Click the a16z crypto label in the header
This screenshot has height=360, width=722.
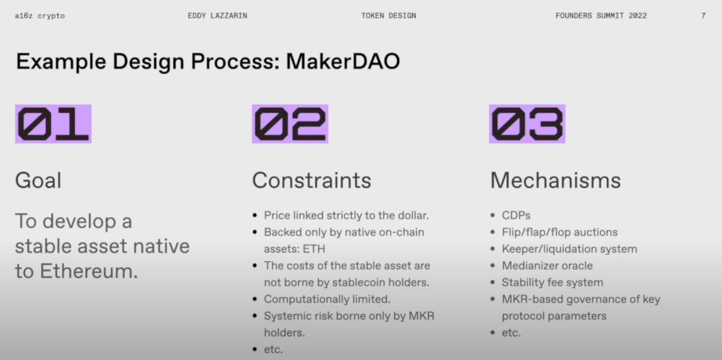(x=40, y=16)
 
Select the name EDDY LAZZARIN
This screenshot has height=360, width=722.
(x=218, y=16)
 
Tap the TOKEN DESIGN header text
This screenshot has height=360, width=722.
(x=389, y=16)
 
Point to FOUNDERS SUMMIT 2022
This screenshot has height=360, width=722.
(x=601, y=16)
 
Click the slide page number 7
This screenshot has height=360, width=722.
(x=703, y=16)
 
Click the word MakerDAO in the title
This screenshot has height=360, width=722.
(x=343, y=61)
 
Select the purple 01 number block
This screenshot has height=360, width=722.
(x=54, y=124)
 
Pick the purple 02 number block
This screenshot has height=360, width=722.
(x=290, y=124)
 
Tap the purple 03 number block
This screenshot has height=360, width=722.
(x=527, y=124)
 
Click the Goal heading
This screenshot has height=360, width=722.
(x=38, y=180)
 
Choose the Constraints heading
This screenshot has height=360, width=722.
(x=312, y=180)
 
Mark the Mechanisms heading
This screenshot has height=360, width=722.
(x=555, y=180)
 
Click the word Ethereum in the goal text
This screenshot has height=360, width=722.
(x=89, y=271)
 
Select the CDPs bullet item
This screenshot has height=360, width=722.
(x=516, y=215)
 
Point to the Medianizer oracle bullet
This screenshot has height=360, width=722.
(x=547, y=265)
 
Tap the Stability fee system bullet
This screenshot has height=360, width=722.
(x=553, y=282)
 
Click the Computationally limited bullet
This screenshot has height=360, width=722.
(x=327, y=299)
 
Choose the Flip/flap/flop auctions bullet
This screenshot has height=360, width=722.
(x=560, y=232)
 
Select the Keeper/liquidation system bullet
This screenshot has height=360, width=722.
(x=569, y=249)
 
